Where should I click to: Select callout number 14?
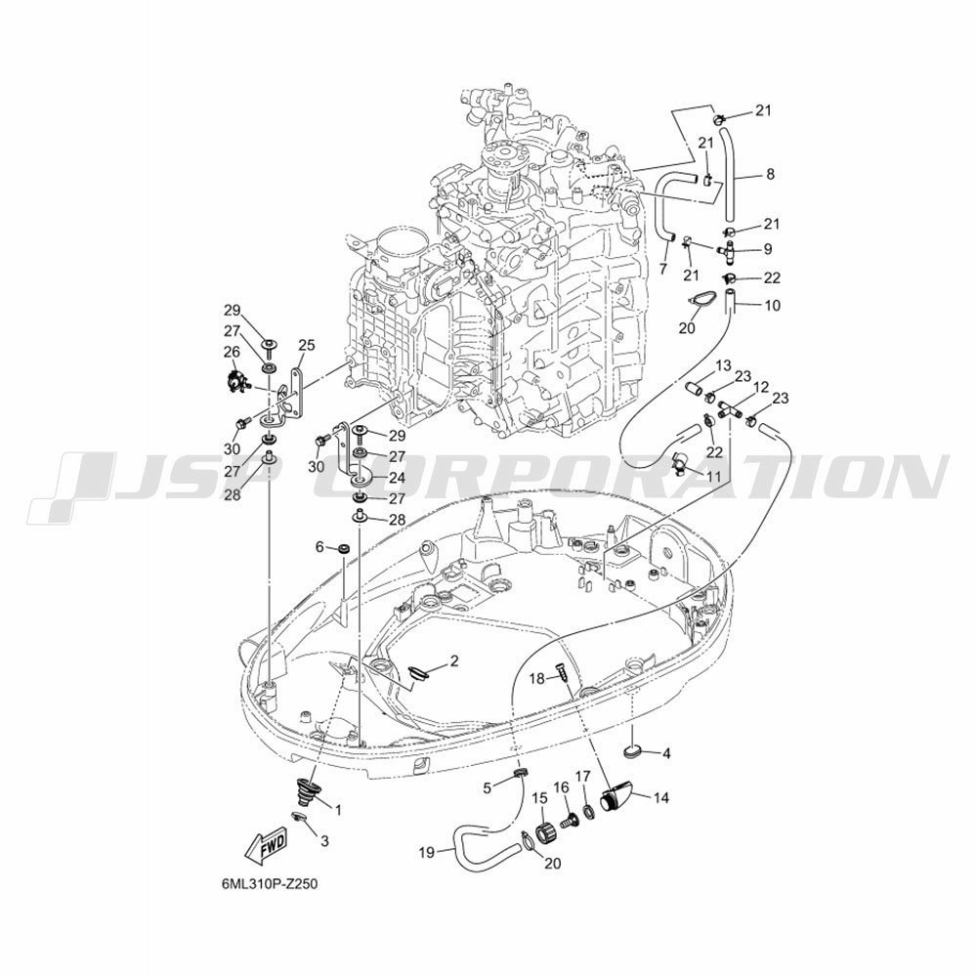coord(661,797)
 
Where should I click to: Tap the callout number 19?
coord(426,852)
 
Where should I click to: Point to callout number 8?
coord(771,175)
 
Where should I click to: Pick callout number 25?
coord(307,346)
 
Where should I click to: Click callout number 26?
coord(232,353)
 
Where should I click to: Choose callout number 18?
coord(537,679)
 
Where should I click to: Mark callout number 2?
coord(454,661)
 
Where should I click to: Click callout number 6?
coord(319,547)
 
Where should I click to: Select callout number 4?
coord(666,754)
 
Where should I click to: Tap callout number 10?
coord(772,306)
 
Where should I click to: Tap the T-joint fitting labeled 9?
coord(728,250)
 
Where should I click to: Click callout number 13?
coord(723,366)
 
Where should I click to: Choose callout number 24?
coord(397,478)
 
